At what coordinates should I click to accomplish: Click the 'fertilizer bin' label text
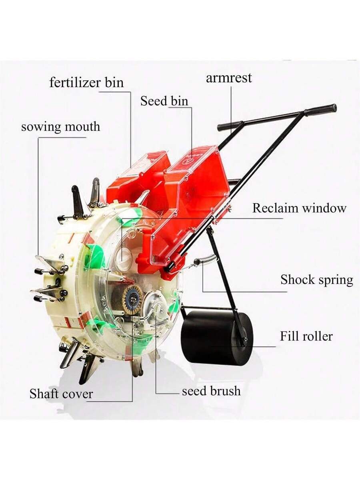pos(86,83)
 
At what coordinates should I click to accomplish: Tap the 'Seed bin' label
pos(164,101)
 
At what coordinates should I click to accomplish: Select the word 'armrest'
pos(229,78)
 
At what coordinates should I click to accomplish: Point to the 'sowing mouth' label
pos(60,127)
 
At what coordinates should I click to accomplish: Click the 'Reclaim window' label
pos(299,208)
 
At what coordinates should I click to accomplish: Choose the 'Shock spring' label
pos(317,280)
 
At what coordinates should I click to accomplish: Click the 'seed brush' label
pos(211,391)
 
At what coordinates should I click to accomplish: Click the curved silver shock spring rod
pos(206,259)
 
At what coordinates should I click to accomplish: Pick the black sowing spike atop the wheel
pos(77,198)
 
